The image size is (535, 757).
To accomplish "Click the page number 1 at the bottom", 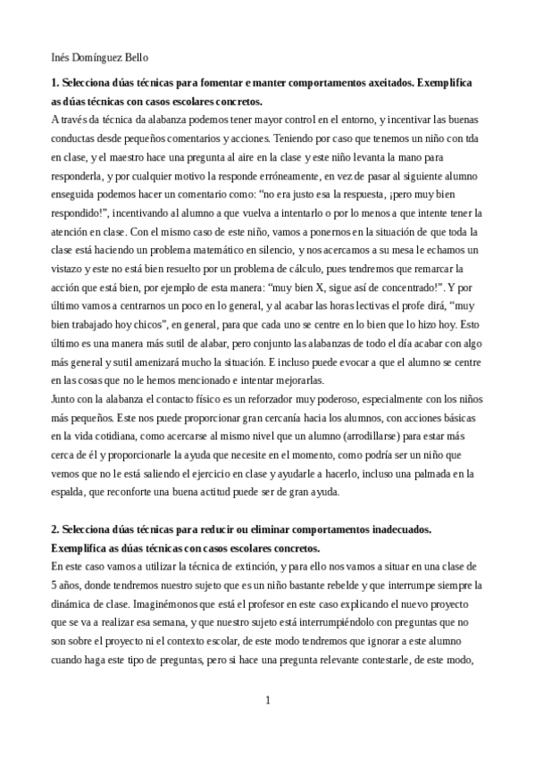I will point(267,699).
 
